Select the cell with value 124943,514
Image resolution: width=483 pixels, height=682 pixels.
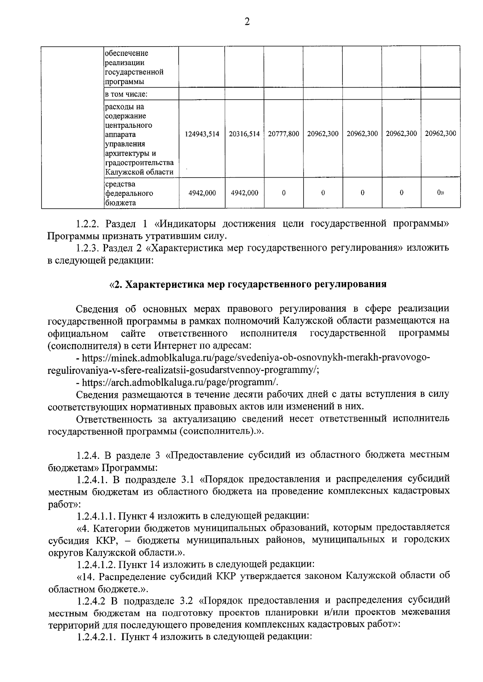point(202,134)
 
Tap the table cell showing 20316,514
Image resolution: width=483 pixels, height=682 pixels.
point(244,134)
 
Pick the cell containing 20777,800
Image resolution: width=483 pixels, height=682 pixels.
point(283,134)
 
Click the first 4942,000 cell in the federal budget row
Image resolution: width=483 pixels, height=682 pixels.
point(202,193)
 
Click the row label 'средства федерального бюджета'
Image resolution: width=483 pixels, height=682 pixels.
point(129,193)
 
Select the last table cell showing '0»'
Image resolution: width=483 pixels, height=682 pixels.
point(440,193)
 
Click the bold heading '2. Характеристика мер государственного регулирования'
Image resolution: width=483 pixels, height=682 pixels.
point(248,285)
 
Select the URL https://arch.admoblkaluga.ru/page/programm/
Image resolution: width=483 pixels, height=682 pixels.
point(180,382)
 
